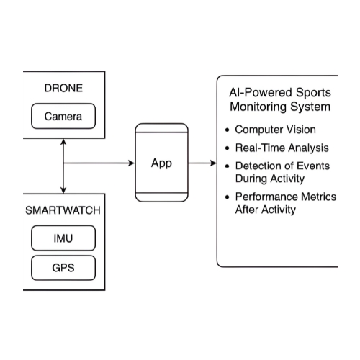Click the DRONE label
(x=63, y=89)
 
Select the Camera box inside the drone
(x=63, y=116)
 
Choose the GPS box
(x=63, y=269)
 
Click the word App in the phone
(x=161, y=163)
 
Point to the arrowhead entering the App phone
(x=131, y=163)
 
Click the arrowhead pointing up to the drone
(x=64, y=142)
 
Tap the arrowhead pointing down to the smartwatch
(x=64, y=189)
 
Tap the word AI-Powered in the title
(x=258, y=94)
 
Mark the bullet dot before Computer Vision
(x=228, y=131)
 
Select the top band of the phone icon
(x=162, y=127)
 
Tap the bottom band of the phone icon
(x=162, y=197)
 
